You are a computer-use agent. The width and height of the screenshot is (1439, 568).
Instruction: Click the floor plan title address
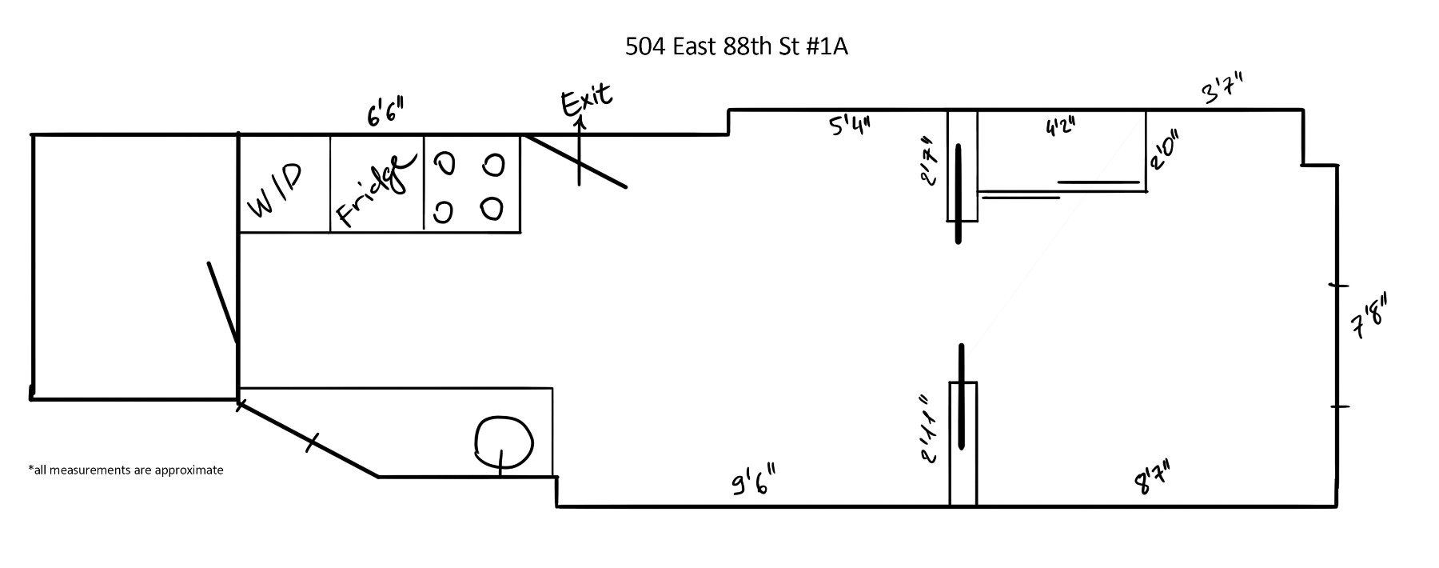[x=736, y=47]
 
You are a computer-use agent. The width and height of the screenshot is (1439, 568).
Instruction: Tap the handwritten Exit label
[x=588, y=99]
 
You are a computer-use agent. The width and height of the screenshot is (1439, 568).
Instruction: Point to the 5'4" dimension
[x=849, y=125]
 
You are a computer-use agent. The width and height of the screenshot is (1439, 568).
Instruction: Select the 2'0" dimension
[x=1164, y=150]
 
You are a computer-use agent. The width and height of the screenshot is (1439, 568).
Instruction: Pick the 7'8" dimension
[x=1368, y=317]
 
